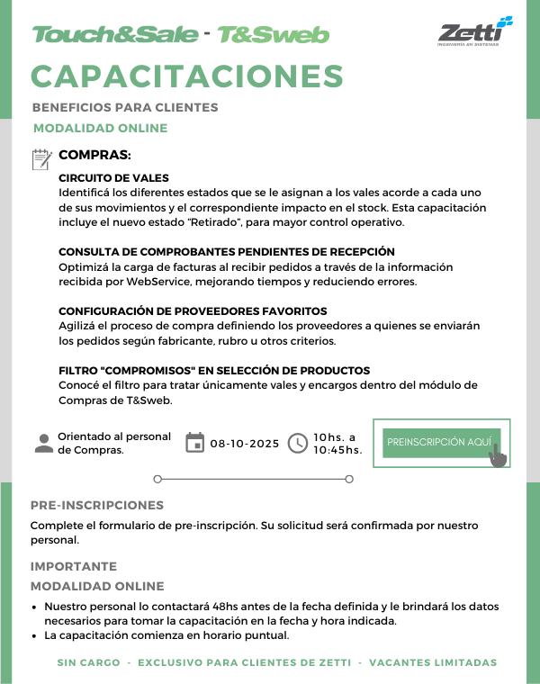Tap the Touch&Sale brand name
[x=114, y=35]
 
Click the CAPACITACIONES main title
[x=187, y=76]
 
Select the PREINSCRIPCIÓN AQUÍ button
[x=438, y=442]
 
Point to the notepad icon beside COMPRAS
[x=41, y=159]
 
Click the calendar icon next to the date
[x=194, y=443]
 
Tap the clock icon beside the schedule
[x=298, y=443]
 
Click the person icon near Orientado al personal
[x=42, y=443]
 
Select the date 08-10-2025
[x=245, y=444]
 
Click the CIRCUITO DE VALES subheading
[x=113, y=178]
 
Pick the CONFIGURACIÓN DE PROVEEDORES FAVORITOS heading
[x=193, y=310]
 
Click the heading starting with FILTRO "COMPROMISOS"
[x=214, y=371]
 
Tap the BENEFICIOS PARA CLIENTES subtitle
[x=125, y=107]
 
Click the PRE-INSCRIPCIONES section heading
[x=97, y=505]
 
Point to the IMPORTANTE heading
[x=74, y=566]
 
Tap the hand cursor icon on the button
[x=498, y=454]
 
